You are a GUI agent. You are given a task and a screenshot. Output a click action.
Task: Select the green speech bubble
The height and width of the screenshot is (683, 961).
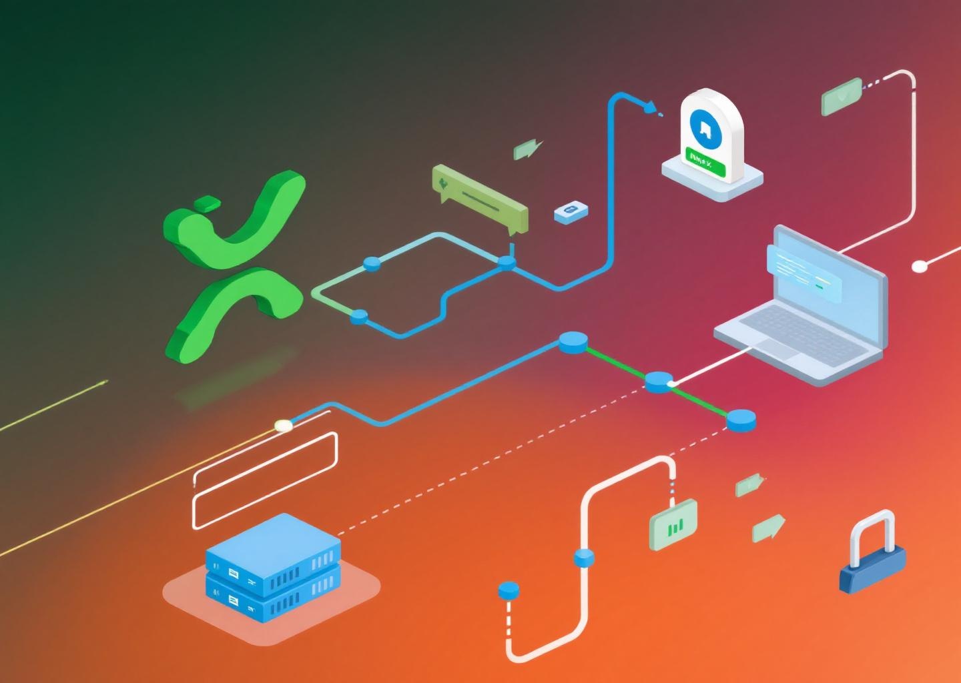coord(480,197)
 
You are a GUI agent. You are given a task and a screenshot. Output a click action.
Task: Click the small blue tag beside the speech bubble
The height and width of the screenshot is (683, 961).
coord(571,211)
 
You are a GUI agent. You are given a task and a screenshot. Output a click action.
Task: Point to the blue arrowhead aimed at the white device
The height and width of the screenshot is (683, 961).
coord(648,107)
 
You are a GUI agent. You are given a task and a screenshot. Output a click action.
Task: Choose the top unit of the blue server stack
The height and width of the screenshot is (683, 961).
coord(273,547)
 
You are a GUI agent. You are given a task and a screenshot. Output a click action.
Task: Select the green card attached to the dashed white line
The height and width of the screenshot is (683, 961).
coord(842,97)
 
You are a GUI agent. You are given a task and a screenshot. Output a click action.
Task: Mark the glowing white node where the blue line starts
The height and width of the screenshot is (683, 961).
coord(283,426)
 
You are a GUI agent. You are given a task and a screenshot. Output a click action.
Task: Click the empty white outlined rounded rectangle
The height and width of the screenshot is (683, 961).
coord(265,480)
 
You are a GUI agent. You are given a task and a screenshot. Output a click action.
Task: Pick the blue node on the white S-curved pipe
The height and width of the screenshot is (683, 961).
coord(584,557)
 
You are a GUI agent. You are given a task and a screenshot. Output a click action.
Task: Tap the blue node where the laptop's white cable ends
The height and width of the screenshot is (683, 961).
coord(659,382)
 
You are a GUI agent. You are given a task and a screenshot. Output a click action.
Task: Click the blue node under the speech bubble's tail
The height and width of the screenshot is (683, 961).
coord(508,262)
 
